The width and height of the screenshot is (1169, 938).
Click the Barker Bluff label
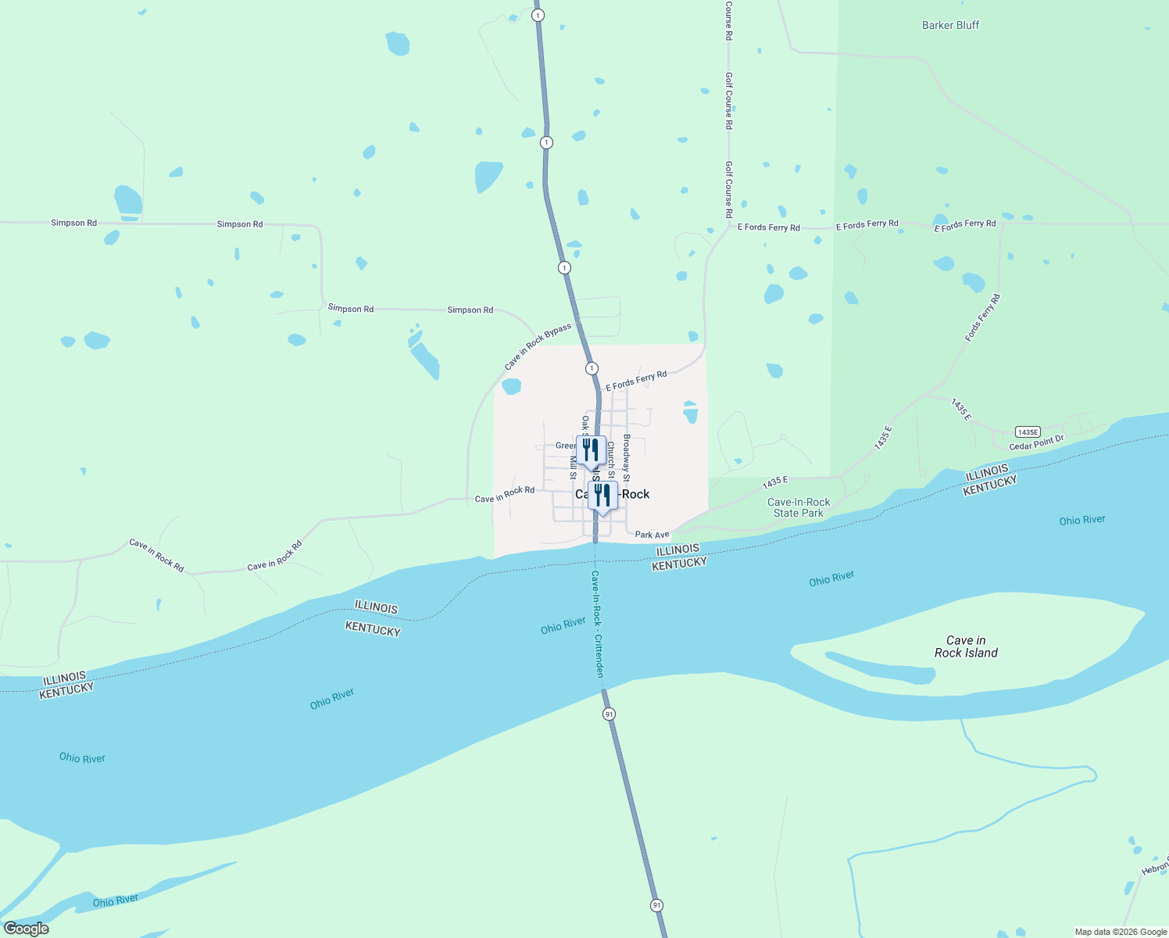(950, 25)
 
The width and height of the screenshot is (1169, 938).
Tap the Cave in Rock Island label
(966, 646)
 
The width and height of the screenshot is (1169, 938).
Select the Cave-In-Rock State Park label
(799, 507)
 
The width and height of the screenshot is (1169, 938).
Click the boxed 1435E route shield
(1028, 432)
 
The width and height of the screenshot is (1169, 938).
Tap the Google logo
(27, 929)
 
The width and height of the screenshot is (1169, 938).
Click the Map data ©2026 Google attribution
(1121, 932)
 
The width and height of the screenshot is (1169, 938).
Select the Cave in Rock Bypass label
(538, 346)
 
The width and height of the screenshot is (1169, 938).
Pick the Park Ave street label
(652, 535)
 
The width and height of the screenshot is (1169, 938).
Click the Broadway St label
(627, 457)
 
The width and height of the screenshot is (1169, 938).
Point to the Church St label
(611, 460)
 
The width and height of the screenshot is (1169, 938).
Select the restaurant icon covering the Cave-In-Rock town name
(602, 496)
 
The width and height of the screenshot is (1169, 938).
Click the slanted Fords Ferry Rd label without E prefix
(982, 317)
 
